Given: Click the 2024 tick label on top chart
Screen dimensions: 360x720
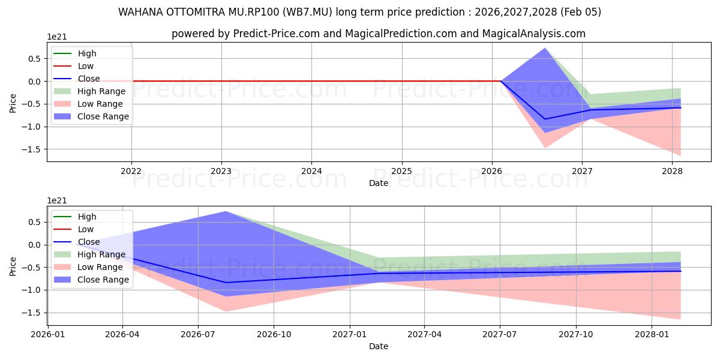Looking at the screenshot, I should pyautogui.click(x=311, y=171).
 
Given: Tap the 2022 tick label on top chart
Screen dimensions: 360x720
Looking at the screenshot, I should pyautogui.click(x=131, y=171).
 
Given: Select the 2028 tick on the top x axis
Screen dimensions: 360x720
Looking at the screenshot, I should pyautogui.click(x=672, y=171).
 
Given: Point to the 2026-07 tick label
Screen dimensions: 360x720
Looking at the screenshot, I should pyautogui.click(x=198, y=334).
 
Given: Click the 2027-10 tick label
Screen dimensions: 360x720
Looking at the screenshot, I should pyautogui.click(x=576, y=334).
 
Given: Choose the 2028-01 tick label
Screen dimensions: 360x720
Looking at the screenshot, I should pyautogui.click(x=652, y=334).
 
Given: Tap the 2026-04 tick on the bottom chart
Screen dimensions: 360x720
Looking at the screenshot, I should pyautogui.click(x=122, y=334).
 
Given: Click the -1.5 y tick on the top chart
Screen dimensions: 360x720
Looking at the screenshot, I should pyautogui.click(x=33, y=149).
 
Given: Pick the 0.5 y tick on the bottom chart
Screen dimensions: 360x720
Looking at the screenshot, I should pyautogui.click(x=35, y=222).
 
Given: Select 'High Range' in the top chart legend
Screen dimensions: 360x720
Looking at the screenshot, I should pyautogui.click(x=101, y=91).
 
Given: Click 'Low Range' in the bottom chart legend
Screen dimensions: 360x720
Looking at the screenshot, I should pyautogui.click(x=100, y=267).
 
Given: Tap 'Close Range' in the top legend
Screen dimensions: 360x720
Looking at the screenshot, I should pyautogui.click(x=103, y=116).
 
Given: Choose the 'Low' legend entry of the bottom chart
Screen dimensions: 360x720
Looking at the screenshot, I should pyautogui.click(x=86, y=229).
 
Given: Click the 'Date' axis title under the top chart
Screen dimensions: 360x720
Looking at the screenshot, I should pyautogui.click(x=379, y=183).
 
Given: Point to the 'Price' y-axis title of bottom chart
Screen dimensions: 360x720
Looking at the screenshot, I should pyautogui.click(x=13, y=266).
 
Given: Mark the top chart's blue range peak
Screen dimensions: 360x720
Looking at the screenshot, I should pyautogui.click(x=545, y=48).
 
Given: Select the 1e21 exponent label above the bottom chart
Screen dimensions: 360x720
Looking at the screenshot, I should pyautogui.click(x=57, y=200).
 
